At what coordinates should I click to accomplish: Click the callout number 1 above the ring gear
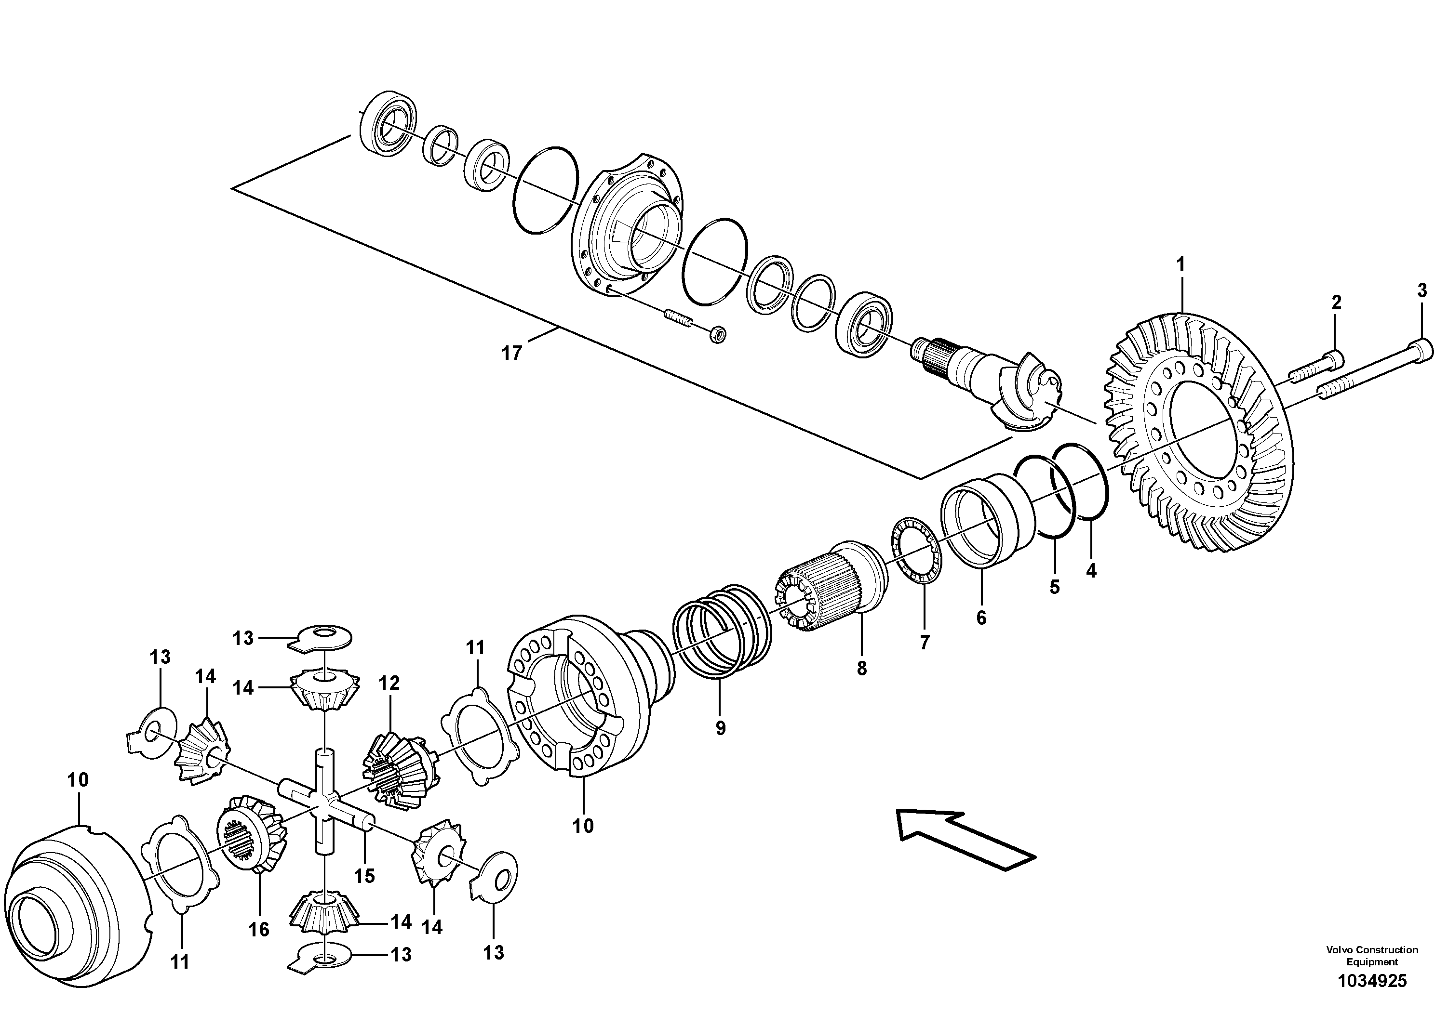tap(1180, 265)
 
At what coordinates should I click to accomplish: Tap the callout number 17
tap(511, 354)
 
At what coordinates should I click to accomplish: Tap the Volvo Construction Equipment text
tap(1371, 956)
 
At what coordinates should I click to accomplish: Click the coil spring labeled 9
tap(722, 631)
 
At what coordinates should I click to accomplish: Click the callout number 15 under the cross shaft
tap(364, 876)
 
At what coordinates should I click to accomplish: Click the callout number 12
tap(389, 683)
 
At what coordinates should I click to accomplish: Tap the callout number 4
tap(1091, 571)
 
